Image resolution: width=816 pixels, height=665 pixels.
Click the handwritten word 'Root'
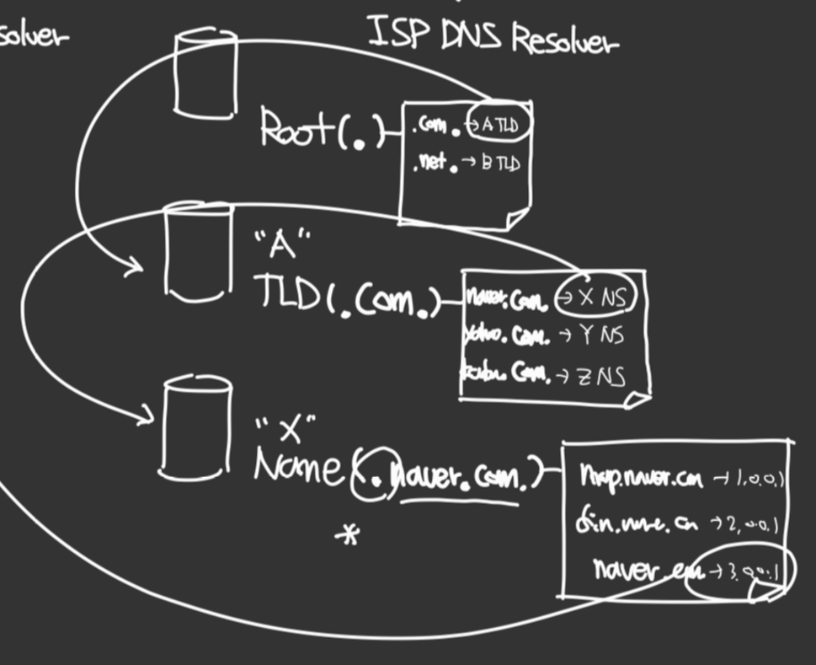tap(295, 130)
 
